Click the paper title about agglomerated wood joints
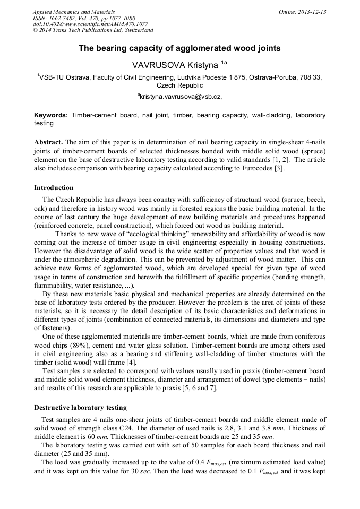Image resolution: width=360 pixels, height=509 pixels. coord(179,48)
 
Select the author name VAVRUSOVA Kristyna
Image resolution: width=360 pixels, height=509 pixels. coord(175,64)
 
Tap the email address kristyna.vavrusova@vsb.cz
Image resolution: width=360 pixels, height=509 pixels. coord(181,97)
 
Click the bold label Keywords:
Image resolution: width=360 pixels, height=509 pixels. coord(51,115)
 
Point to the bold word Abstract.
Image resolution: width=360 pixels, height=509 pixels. coord(48,143)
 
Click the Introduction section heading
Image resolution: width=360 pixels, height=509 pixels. coord(54,188)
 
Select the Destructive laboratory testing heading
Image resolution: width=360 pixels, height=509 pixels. coord(80,408)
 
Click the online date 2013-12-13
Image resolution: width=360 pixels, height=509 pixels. coord(312,12)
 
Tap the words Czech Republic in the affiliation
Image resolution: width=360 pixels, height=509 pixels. coord(180,85)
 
